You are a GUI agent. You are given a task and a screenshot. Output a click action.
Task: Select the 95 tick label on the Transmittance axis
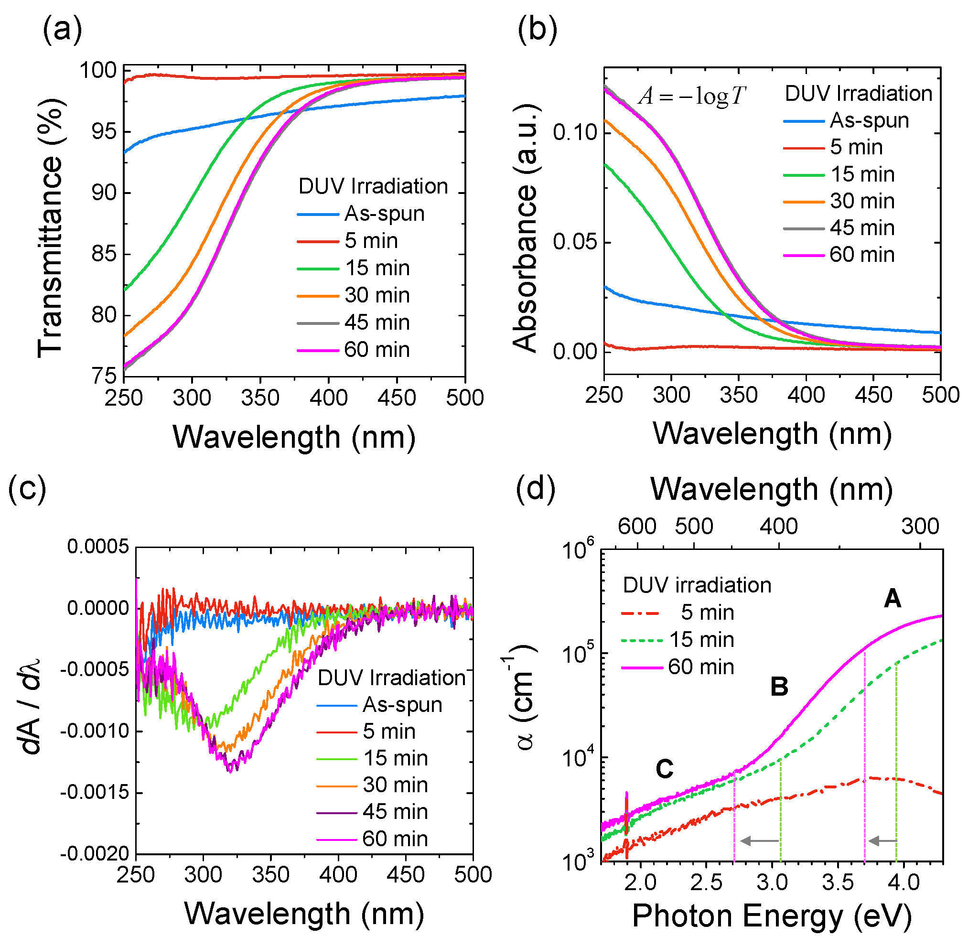tap(105, 132)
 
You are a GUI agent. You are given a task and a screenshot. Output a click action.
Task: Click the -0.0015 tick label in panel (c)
tap(95, 792)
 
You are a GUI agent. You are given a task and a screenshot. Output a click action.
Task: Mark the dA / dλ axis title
tap(31, 706)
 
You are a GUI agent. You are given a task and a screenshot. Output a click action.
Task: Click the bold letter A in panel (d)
tap(893, 598)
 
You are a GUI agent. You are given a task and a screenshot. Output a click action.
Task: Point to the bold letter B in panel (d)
tap(779, 687)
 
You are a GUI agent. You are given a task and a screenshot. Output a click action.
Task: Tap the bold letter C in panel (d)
tap(665, 769)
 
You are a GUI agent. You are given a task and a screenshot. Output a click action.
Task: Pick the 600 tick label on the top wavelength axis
tap(637, 526)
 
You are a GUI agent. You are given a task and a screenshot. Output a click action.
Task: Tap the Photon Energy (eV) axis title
tap(772, 915)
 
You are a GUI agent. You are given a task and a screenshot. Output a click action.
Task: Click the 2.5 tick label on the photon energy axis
tap(706, 882)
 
